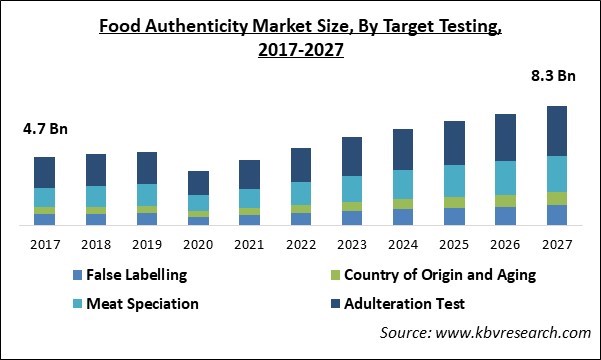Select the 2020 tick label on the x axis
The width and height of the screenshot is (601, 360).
(198, 244)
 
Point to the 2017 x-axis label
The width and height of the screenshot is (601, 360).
(44, 244)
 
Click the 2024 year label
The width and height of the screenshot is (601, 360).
(403, 244)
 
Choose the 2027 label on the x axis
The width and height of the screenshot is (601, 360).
(557, 244)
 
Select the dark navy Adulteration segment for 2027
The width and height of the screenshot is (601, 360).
(557, 131)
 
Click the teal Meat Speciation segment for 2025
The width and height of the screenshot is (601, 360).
(454, 180)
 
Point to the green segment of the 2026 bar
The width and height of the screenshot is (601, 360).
(506, 200)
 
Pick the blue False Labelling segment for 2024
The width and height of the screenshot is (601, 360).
(403, 217)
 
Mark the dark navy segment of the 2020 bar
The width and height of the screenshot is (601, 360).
(198, 183)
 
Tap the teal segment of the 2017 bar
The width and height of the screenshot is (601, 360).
(44, 197)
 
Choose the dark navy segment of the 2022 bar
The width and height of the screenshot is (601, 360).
(301, 165)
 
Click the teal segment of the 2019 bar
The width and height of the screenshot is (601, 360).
(147, 194)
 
